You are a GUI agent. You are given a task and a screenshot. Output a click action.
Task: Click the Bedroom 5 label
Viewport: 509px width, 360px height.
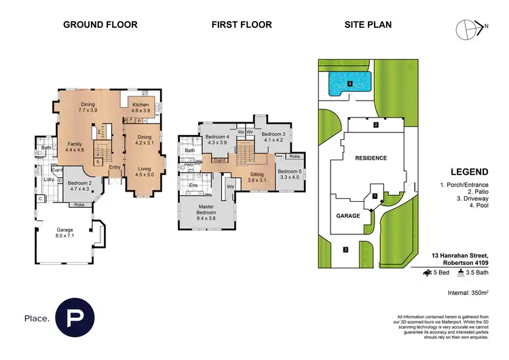pos(289,174)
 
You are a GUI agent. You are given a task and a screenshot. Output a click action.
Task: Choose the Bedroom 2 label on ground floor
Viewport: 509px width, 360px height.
pos(79,186)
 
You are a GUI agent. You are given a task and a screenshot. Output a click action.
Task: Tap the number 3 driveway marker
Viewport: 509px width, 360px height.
pos(345,250)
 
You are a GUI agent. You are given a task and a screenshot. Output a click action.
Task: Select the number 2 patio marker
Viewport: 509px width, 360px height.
pos(375,125)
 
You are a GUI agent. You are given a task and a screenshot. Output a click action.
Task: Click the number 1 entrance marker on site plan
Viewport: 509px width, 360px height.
pos(374,196)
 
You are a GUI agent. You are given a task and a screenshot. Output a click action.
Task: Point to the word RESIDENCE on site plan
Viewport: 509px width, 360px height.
pos(371,158)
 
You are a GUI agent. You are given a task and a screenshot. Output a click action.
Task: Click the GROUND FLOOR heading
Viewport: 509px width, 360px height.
pos(100,25)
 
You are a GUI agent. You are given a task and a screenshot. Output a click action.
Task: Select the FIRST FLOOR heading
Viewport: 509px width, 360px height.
pos(242,25)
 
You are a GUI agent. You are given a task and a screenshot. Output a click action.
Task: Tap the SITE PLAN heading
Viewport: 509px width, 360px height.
pos(368,25)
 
